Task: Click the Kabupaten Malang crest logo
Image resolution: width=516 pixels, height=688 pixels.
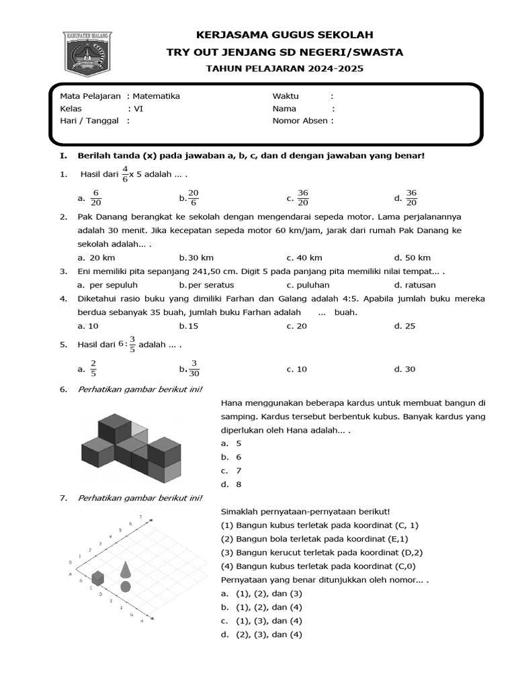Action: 89,53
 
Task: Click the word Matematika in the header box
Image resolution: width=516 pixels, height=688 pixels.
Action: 156,96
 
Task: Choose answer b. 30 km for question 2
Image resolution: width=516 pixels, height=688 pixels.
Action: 196,258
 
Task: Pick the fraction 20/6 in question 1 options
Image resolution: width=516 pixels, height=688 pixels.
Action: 193,198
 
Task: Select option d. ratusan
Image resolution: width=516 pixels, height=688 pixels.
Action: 415,285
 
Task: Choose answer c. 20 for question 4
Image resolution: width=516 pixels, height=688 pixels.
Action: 296,326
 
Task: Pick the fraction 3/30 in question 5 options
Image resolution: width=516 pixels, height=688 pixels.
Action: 193,368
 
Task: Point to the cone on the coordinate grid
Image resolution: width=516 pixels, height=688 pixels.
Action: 126,569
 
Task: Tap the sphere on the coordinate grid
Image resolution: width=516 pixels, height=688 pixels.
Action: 126,587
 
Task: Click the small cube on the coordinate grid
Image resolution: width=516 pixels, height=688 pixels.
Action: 98,577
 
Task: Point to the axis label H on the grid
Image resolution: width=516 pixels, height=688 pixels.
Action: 142,621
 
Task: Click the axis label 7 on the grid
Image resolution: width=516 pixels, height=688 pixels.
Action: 140,517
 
